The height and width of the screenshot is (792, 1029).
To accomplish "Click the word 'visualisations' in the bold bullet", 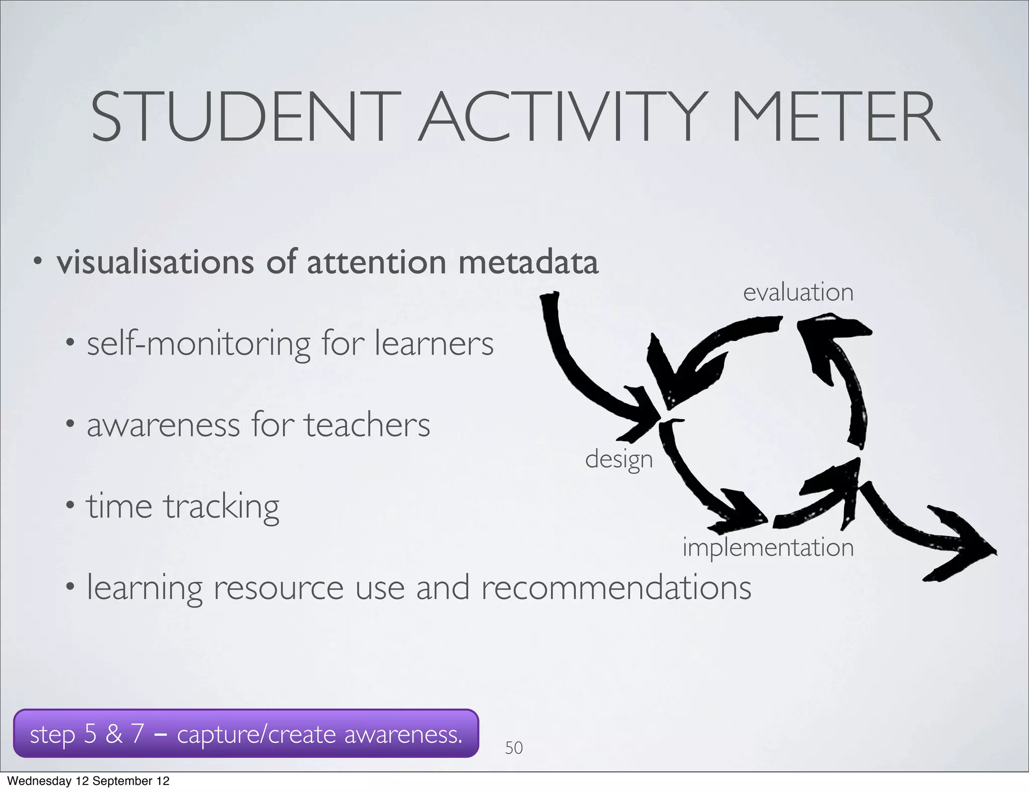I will coord(155,262).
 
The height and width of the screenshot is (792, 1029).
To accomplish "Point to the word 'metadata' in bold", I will coord(528,262).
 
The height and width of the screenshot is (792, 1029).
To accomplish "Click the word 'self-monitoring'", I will coord(199,344).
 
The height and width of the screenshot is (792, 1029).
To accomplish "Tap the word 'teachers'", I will coord(367,425).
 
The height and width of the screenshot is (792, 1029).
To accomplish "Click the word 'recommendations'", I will coord(616,587).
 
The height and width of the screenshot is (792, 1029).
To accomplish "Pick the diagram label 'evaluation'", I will coord(798,292).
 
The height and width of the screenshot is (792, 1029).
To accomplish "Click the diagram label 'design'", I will coord(619,459).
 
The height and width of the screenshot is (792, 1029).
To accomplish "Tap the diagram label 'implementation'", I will coord(768,547).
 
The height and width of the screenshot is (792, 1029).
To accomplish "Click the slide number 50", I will coord(513,748).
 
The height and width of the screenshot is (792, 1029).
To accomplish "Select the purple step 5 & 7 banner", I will coord(246,734).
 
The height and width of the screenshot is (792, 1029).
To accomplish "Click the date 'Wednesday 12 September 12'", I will coord(88,781).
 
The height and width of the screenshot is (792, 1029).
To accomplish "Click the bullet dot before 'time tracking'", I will coord(70,505).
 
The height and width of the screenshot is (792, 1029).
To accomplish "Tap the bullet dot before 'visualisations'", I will coord(37,261).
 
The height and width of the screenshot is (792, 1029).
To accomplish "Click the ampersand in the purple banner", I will coord(114,734).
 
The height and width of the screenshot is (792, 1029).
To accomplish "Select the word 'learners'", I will coord(434,344).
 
